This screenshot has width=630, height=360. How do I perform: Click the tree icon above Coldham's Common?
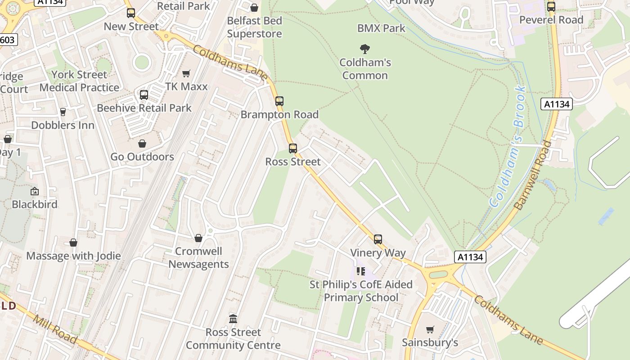tap(365, 49)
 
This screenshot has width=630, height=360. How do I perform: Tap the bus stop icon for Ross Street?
tap(293, 148)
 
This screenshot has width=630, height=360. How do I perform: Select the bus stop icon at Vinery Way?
tap(378, 239)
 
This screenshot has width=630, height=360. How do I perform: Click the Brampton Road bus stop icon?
tap(279, 101)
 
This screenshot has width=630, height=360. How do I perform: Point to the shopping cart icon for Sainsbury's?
tap(430, 329)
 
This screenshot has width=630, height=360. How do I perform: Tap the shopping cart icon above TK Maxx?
tap(186, 73)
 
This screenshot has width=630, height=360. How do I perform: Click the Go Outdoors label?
tap(142, 157)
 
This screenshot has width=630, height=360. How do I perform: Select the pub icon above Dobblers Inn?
tap(63, 112)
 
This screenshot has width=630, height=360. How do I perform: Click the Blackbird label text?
tap(35, 204)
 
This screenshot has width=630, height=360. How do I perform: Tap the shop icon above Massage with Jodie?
tap(73, 243)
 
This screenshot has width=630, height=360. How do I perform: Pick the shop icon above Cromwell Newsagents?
tap(198, 238)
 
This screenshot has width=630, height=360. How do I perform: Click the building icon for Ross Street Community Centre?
tap(233, 319)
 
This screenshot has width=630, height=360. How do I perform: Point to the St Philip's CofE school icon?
tap(361, 271)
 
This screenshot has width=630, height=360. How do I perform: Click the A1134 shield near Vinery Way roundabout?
tap(471, 257)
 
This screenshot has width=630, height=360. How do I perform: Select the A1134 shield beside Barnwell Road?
tap(556, 104)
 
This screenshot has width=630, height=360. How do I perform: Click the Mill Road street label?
tap(55, 328)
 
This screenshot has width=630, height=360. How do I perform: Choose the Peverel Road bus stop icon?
tap(551, 7)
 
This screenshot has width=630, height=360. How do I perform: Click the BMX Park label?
tap(381, 28)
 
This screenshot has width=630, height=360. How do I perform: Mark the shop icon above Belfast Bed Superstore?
tap(254, 8)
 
